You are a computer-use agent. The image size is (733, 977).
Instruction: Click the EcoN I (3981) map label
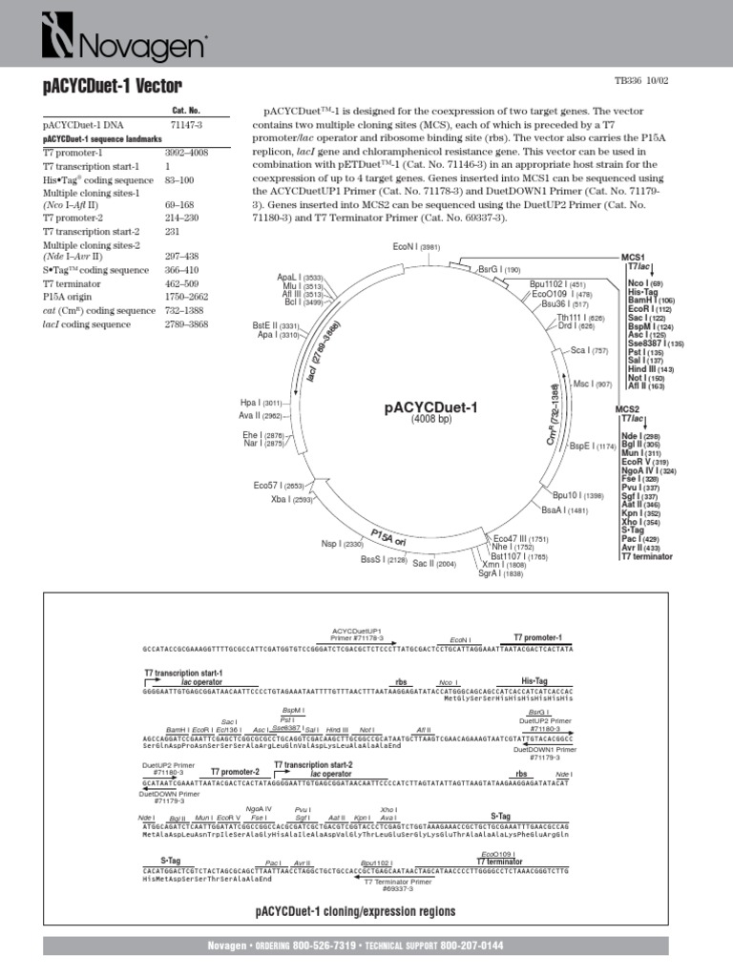pos(415,247)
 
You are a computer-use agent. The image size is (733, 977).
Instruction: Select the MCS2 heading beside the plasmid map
pos(627,409)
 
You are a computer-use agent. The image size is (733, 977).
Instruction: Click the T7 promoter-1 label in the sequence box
pos(537,637)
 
